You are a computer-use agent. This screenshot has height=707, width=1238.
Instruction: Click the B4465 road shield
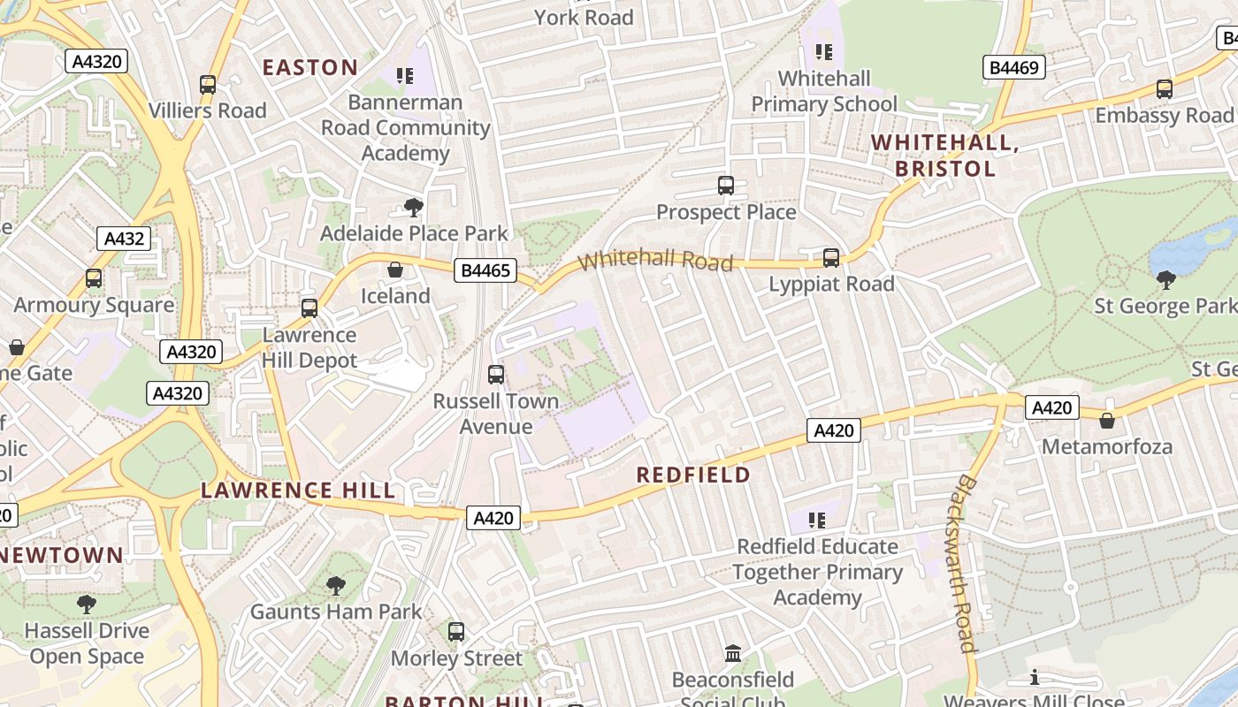[x=485, y=270]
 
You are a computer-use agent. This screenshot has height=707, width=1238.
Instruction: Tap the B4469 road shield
[x=1014, y=68]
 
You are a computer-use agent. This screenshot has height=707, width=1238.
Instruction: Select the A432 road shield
[x=124, y=239]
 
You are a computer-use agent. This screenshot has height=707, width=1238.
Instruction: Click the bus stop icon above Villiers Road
[x=208, y=85]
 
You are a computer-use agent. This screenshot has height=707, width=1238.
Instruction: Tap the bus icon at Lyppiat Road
[x=831, y=258]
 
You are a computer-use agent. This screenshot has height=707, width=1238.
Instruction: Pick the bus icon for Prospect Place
[x=726, y=186]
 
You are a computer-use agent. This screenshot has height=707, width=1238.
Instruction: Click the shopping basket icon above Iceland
[x=395, y=270]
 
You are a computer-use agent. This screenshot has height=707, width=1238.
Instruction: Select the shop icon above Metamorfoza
[x=1106, y=421]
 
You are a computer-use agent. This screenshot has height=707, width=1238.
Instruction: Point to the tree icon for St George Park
[x=1166, y=280]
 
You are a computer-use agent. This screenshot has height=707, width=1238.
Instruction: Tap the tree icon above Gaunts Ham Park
[x=335, y=585]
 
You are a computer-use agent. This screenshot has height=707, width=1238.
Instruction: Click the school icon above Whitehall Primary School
[x=824, y=52]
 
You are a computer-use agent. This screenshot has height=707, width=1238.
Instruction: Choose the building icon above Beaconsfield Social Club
[x=733, y=654]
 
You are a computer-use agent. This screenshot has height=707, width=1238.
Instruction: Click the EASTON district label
[x=310, y=67]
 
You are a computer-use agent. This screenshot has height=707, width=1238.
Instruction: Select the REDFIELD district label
[x=693, y=475]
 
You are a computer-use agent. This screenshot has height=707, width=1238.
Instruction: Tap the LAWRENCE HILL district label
[x=298, y=490]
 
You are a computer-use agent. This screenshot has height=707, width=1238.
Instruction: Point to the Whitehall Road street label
[x=655, y=261]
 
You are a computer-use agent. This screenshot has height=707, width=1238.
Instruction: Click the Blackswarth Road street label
[x=966, y=563]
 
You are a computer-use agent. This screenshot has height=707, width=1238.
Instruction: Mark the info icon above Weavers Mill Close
[x=1035, y=678]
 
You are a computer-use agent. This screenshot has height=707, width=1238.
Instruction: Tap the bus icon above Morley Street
[x=456, y=632]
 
